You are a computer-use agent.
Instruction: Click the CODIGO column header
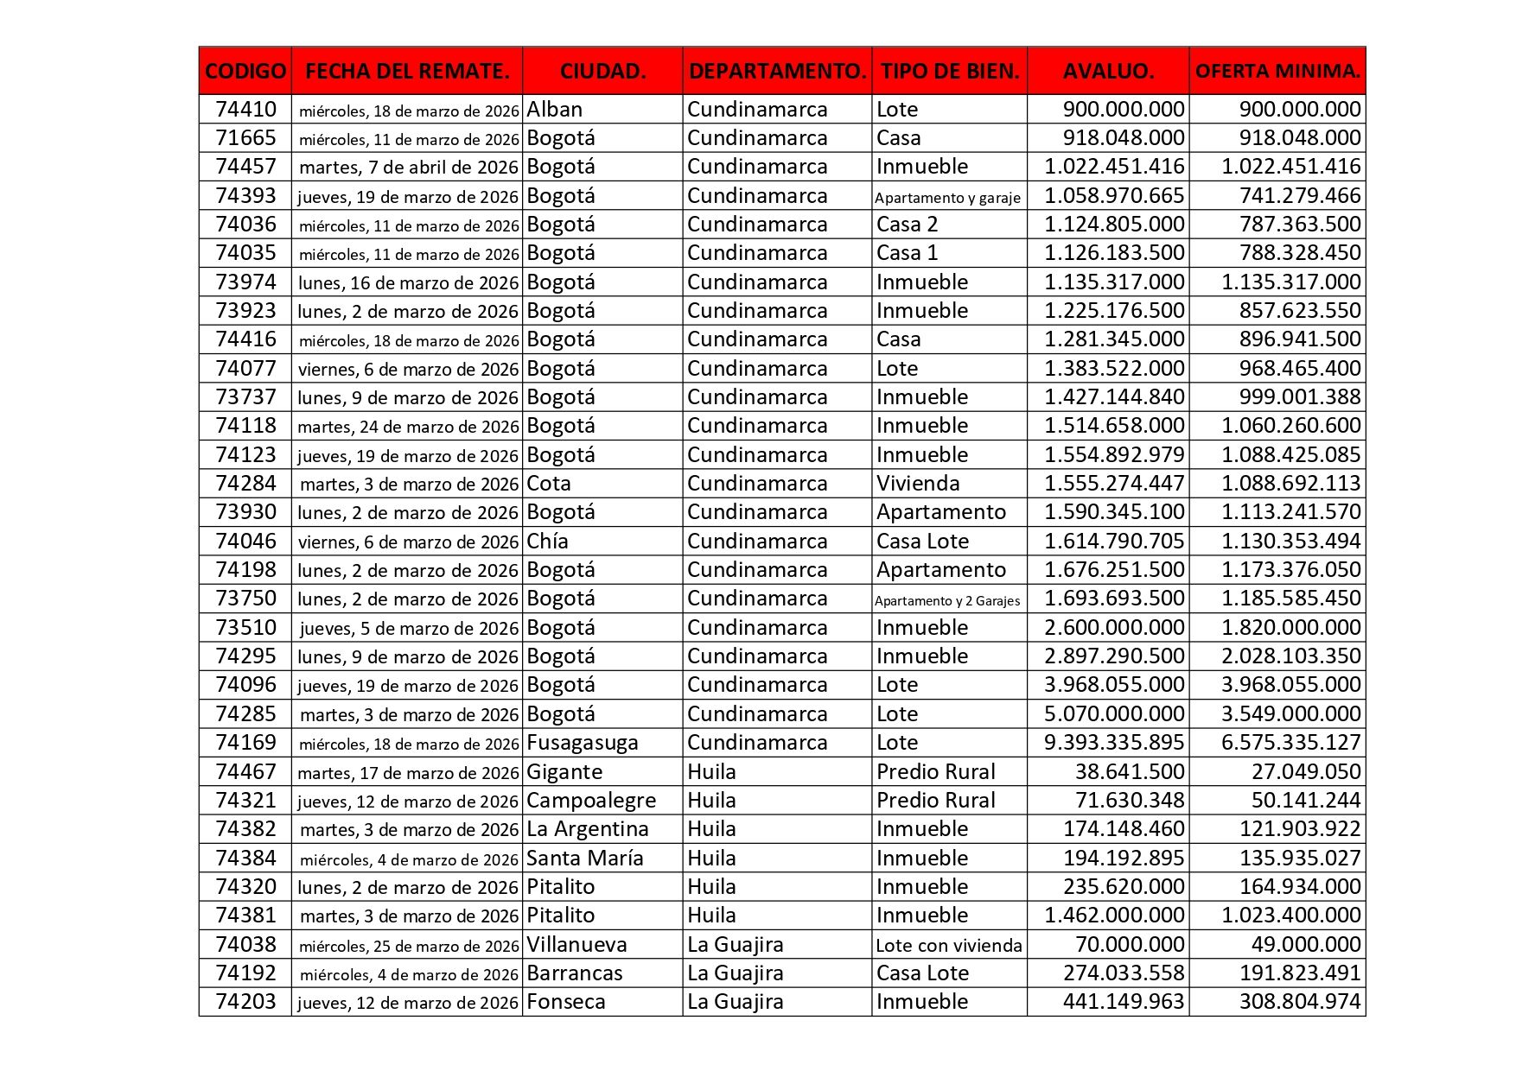[245, 71]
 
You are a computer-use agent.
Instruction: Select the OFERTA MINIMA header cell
[1277, 71]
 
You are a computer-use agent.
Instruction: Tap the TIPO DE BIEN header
[949, 71]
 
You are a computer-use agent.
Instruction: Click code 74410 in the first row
[245, 110]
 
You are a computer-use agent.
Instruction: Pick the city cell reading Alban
[555, 110]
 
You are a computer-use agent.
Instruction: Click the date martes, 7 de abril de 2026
[408, 168]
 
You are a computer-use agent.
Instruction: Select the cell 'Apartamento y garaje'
[947, 197]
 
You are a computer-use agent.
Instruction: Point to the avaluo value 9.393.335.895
[1114, 743]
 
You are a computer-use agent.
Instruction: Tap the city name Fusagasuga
[583, 743]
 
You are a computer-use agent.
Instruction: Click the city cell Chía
[548, 542]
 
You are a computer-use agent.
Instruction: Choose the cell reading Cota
[549, 484]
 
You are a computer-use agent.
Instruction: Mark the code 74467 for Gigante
[245, 772]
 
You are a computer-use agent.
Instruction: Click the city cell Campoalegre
[591, 801]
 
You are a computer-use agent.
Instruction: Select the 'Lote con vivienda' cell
[948, 945]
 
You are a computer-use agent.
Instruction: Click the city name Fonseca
[566, 1002]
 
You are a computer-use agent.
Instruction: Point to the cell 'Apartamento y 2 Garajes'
[947, 600]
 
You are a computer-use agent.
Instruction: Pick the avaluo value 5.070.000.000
[1114, 714]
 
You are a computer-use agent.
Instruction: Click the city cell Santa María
[585, 859]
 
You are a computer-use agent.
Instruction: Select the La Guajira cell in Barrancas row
[736, 973]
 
